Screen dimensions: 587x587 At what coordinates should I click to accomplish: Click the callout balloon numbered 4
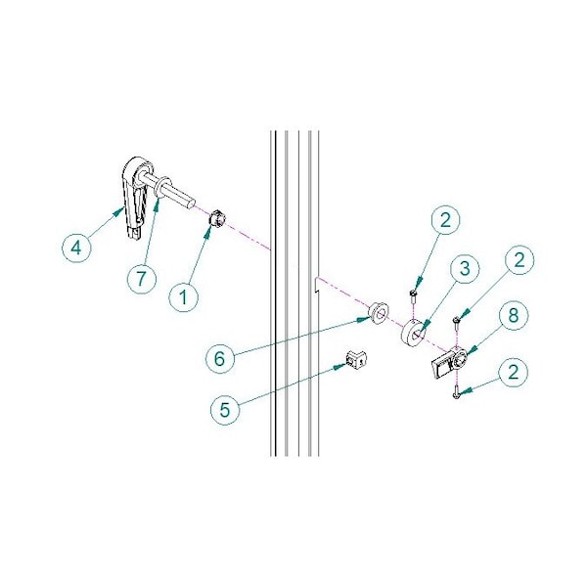pyautogui.click(x=76, y=248)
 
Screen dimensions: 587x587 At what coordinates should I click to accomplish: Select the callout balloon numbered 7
pyautogui.click(x=141, y=279)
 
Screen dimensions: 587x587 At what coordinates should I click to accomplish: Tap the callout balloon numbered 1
pyautogui.click(x=184, y=297)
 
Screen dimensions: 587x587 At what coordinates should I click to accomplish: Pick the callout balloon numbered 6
pyautogui.click(x=220, y=359)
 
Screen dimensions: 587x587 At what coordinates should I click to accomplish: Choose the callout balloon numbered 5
pyautogui.click(x=225, y=410)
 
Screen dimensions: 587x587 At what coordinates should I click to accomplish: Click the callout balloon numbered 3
pyautogui.click(x=465, y=269)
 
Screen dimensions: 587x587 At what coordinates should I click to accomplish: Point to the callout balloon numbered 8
pyautogui.click(x=514, y=316)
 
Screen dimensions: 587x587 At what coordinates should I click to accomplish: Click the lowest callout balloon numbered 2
pyautogui.click(x=514, y=373)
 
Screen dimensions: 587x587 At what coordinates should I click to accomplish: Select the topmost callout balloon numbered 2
pyautogui.click(x=445, y=220)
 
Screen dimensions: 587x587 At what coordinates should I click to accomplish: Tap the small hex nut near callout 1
pyautogui.click(x=216, y=218)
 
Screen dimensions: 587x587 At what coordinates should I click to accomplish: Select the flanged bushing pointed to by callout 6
pyautogui.click(x=378, y=314)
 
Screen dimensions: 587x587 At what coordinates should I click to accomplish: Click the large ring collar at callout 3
pyautogui.click(x=413, y=333)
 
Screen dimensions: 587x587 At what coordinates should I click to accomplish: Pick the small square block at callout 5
pyautogui.click(x=356, y=359)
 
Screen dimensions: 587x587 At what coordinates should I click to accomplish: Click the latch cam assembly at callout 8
pyautogui.click(x=449, y=362)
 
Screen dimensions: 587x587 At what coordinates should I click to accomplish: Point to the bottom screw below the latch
pyautogui.click(x=456, y=393)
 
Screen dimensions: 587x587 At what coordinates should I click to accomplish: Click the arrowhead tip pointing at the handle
pyautogui.click(x=123, y=208)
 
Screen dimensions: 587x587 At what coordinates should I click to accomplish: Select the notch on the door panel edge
pyautogui.click(x=316, y=286)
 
